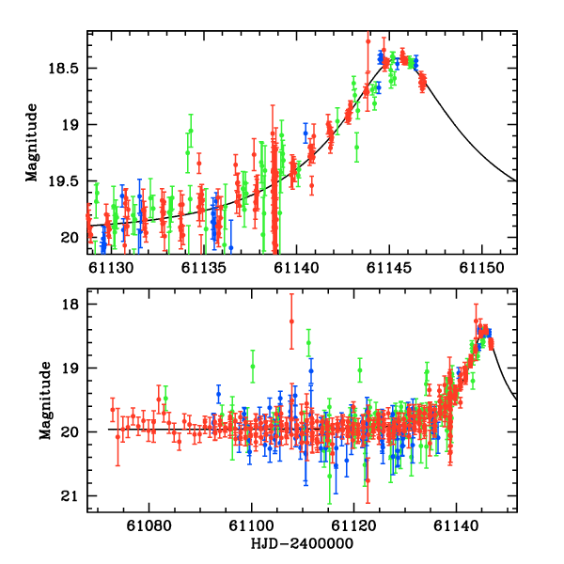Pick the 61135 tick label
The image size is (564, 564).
(x=203, y=268)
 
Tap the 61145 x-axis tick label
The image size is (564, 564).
(x=389, y=268)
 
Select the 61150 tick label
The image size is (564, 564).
(x=481, y=268)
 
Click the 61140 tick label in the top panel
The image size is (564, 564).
(x=296, y=268)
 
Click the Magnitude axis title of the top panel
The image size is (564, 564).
(x=32, y=143)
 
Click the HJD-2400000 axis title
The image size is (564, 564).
(x=303, y=544)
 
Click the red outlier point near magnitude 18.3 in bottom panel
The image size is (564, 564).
(x=291, y=321)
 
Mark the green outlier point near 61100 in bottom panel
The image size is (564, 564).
(x=253, y=366)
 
